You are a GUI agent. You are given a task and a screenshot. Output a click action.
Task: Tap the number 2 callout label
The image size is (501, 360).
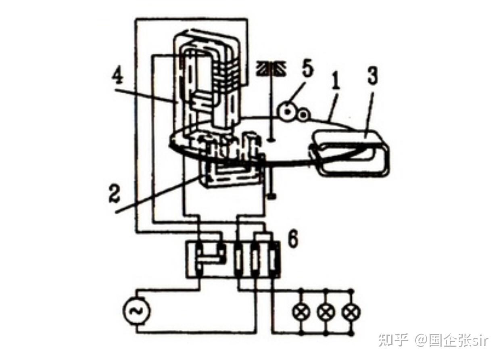pyautogui.click(x=115, y=193)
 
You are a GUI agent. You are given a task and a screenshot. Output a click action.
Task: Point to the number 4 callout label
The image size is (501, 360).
pyautogui.click(x=118, y=75)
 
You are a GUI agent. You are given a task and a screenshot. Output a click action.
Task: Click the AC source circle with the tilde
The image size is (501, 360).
pyautogui.click(x=137, y=310)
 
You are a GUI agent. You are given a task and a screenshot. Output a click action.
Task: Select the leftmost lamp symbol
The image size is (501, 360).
pyautogui.click(x=301, y=312)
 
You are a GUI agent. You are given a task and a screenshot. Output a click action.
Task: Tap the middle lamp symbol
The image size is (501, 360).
pyautogui.click(x=326, y=312)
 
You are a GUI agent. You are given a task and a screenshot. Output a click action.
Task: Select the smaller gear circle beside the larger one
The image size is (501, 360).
pyautogui.click(x=303, y=115)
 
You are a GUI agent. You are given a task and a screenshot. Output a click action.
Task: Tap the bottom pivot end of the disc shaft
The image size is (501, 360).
pyautogui.click(x=272, y=197)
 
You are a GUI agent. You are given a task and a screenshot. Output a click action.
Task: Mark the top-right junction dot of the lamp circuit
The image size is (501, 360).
pyautogui.click(x=351, y=291)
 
